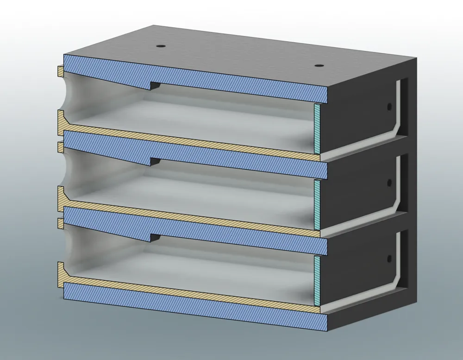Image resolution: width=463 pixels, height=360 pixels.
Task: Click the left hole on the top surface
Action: pyautogui.click(x=161, y=47)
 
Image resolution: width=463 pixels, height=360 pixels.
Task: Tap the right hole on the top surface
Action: pyautogui.click(x=318, y=66)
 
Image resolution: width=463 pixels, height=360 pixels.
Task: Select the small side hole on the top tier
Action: pyautogui.click(x=389, y=107)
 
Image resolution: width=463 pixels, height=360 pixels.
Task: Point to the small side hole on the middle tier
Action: pyautogui.click(x=389, y=183)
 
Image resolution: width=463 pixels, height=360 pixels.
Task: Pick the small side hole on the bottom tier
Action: pyautogui.click(x=389, y=258)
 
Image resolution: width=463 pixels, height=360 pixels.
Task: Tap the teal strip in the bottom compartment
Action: pyautogui.click(x=317, y=280)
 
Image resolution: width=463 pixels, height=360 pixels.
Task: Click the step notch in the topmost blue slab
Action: pyautogui.click(x=154, y=86)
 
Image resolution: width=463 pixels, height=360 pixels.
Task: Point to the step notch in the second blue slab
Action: pyautogui.click(x=154, y=162)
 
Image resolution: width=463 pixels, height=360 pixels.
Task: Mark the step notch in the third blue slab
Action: pyautogui.click(x=154, y=238)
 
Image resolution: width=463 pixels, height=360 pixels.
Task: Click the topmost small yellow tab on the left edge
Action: pyautogui.click(x=60, y=71)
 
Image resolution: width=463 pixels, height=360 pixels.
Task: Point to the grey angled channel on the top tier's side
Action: pyautogui.click(x=397, y=125)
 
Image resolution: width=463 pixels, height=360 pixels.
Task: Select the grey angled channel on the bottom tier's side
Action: pyautogui.click(x=397, y=277)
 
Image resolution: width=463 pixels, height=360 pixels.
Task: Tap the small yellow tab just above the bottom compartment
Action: pyautogui.click(x=60, y=223)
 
